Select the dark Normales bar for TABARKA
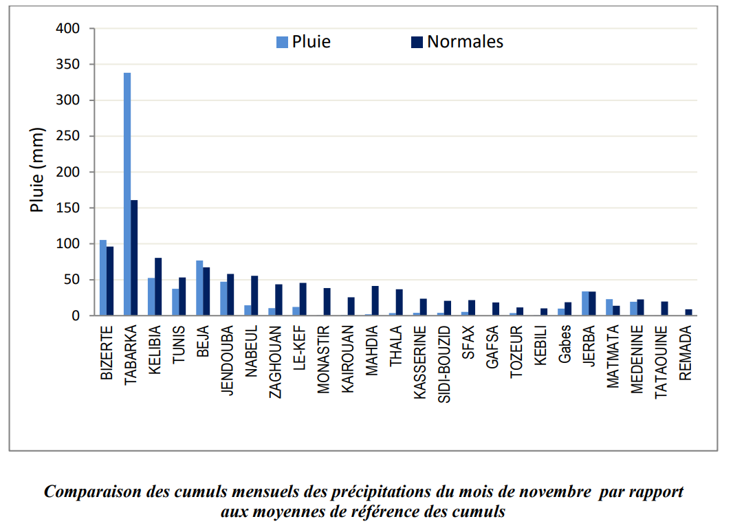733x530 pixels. (134, 258)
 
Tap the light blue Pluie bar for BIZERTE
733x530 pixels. (103, 278)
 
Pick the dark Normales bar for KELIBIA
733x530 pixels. (158, 287)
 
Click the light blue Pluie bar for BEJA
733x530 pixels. (199, 288)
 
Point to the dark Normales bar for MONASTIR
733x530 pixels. (327, 302)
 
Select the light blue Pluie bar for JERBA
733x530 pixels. (585, 304)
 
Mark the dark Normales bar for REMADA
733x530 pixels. (688, 312)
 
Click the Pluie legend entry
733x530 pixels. (303, 42)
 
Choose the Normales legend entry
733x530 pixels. (457, 42)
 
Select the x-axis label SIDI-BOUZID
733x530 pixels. (444, 364)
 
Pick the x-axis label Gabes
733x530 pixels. (565, 344)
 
